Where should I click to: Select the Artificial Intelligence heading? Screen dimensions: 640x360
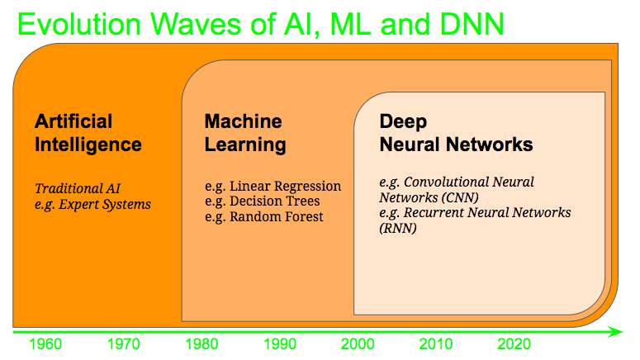point(88,133)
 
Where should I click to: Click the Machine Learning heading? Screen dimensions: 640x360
point(245,133)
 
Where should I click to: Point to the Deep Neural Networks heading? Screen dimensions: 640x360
point(456,133)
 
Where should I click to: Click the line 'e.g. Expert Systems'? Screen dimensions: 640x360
point(92,203)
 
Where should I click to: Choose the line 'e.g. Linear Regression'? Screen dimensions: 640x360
point(273,186)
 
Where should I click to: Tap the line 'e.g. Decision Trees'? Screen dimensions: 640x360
point(262,201)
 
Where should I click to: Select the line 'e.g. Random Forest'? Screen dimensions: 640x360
point(264,216)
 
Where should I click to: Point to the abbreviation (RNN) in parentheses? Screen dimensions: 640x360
point(398,228)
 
